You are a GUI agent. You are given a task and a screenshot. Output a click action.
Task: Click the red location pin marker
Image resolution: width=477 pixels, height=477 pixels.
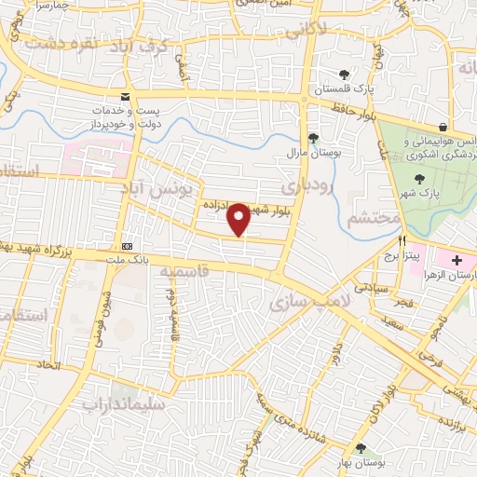click(239, 219)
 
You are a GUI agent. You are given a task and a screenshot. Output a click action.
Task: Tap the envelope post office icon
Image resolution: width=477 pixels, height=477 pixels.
click(126, 98)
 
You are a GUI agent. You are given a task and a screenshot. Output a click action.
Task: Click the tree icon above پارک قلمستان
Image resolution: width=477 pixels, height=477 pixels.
click(345, 75)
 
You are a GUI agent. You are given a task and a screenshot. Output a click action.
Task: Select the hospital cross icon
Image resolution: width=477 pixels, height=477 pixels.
click(457, 258)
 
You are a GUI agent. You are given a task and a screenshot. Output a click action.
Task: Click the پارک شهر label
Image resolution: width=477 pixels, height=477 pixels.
click(422, 192)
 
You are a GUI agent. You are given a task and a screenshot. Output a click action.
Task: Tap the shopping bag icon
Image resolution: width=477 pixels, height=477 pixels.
click(443, 127)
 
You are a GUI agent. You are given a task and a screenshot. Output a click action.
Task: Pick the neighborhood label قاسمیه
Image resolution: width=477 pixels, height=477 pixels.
click(182, 271)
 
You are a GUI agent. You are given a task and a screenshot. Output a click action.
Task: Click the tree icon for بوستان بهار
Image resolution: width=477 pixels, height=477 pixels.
click(361, 449)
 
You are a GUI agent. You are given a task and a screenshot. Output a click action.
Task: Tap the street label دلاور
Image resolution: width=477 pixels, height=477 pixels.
click(335, 352)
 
